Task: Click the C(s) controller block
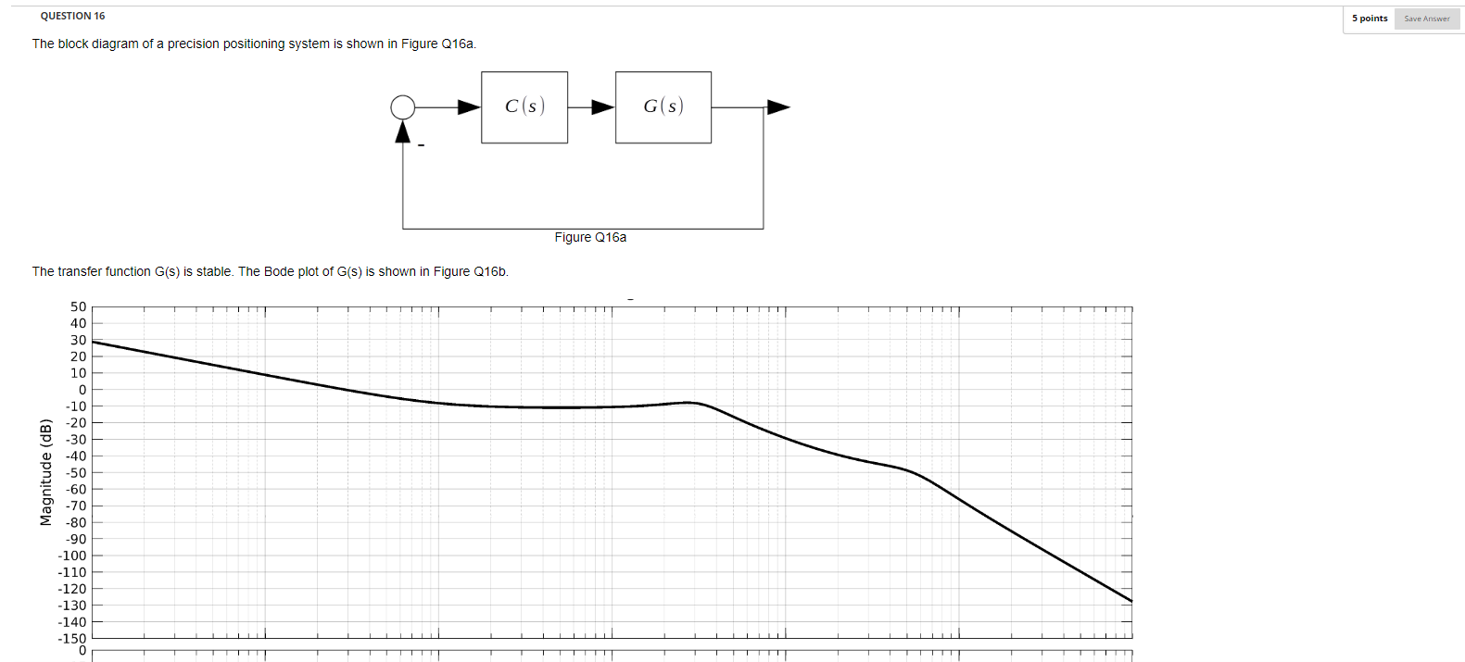pyautogui.click(x=524, y=107)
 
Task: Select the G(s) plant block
pyautogui.click(x=663, y=107)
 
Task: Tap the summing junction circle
pyautogui.click(x=403, y=107)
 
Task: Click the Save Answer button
pyautogui.click(x=1426, y=19)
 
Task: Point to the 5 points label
pyautogui.click(x=1370, y=19)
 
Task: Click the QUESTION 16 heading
pyautogui.click(x=72, y=16)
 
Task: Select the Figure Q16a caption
pyautogui.click(x=590, y=238)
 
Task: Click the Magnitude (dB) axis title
pyautogui.click(x=45, y=472)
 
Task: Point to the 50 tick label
pyautogui.click(x=78, y=306)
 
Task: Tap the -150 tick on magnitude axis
pyautogui.click(x=72, y=638)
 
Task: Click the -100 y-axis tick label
pyautogui.click(x=72, y=556)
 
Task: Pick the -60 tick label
pyautogui.click(x=76, y=489)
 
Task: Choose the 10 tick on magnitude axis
pyautogui.click(x=79, y=373)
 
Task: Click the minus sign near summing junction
pyautogui.click(x=421, y=144)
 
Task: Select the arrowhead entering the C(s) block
pyautogui.click(x=469, y=107)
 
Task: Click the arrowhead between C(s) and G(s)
pyautogui.click(x=603, y=107)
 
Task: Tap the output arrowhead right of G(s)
pyautogui.click(x=778, y=107)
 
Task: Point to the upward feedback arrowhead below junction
pyautogui.click(x=403, y=133)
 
